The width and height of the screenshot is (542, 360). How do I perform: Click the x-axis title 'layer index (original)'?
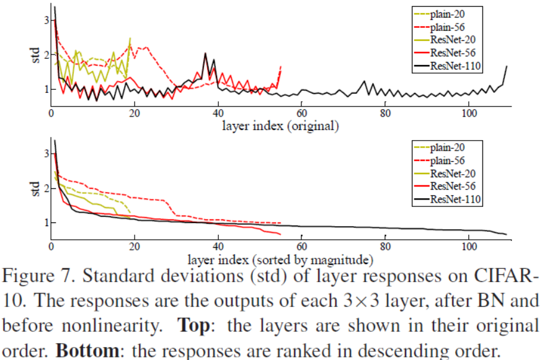(x=280, y=126)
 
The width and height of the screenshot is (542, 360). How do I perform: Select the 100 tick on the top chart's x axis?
(x=469, y=114)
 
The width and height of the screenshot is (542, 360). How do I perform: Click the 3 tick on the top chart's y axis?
(x=44, y=20)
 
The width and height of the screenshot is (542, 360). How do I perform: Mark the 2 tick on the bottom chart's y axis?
(x=44, y=188)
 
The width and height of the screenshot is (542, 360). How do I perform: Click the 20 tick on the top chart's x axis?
(x=135, y=114)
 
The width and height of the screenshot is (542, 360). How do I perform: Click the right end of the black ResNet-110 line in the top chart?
(x=507, y=66)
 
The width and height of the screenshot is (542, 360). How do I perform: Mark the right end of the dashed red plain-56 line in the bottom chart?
(x=282, y=222)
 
